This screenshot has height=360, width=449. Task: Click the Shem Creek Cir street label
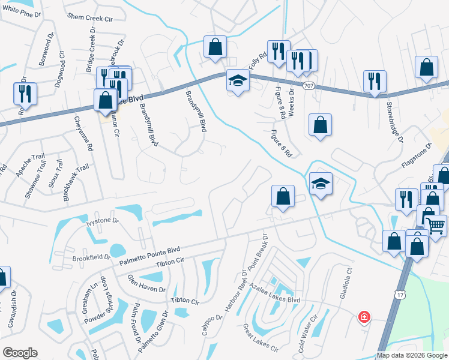pos(90,17)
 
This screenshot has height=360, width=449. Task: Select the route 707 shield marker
pos(309,86)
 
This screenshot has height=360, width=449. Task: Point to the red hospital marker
pos(364,317)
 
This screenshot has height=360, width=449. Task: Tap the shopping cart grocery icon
pos(436,226)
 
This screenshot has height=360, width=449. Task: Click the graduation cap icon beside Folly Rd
pos(238,80)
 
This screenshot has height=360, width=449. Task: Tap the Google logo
pos(20,353)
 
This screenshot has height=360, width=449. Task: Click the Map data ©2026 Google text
pos(411,355)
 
